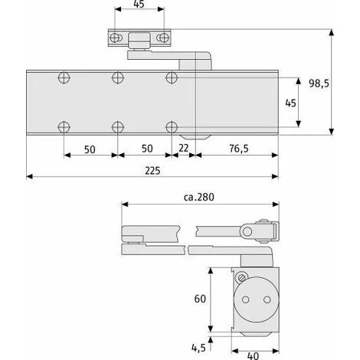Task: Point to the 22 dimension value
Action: (183, 148)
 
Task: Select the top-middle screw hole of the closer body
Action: (117, 77)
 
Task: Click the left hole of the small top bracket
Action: (117, 38)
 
